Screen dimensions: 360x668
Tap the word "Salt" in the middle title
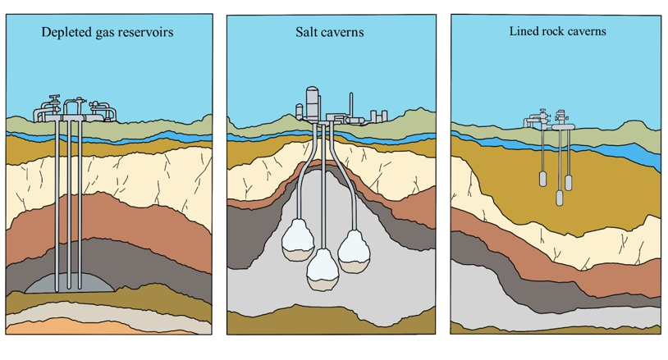pos(307,32)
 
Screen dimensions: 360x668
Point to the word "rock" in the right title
pos(555,31)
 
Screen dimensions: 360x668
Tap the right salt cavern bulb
pos(356,250)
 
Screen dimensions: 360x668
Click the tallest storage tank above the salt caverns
pos(312,103)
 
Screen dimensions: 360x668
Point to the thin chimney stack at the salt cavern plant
pos(351,104)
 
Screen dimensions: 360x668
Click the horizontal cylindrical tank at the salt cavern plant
pos(355,121)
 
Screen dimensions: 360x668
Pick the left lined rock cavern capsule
pos(542,180)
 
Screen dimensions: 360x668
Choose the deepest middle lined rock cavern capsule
pos(560,196)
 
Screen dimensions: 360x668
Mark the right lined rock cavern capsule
pos(569,181)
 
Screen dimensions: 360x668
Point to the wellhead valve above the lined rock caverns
pos(561,118)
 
